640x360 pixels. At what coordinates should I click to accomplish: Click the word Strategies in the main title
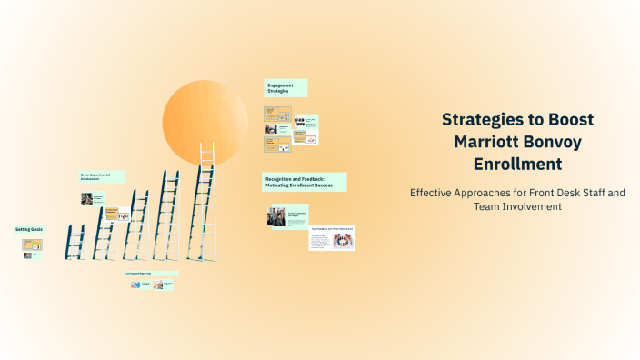click(480, 120)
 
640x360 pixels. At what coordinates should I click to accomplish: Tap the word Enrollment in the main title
click(517, 165)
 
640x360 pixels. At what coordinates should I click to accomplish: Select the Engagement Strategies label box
click(285, 88)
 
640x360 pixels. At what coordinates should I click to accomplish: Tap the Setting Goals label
click(29, 229)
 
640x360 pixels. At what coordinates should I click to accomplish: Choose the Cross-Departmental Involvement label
click(101, 177)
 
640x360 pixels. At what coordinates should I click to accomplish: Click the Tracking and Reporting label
click(150, 273)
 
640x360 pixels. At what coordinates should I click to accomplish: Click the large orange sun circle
click(205, 122)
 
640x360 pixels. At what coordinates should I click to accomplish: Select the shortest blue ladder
click(75, 242)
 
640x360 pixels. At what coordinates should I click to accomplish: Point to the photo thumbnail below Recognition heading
click(276, 215)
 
